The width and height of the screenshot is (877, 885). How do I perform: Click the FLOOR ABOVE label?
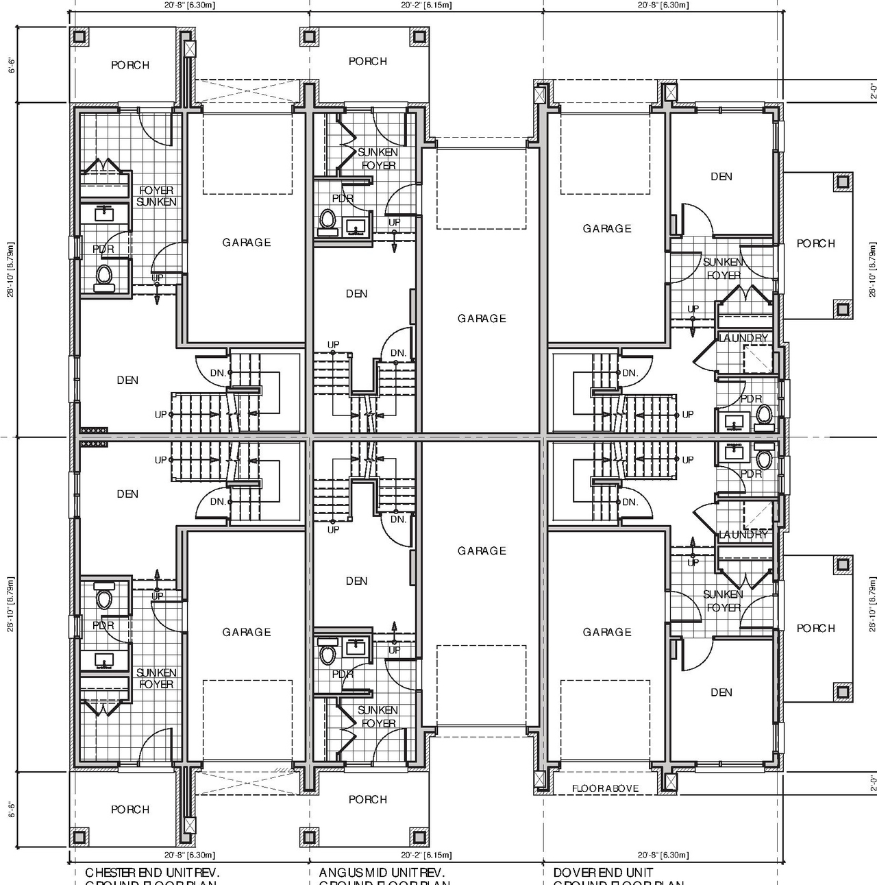[605, 788]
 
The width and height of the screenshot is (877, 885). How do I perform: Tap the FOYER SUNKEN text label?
[156, 196]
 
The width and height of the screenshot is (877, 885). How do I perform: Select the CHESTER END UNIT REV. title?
[152, 873]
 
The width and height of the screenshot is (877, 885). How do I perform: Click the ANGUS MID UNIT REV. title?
[382, 873]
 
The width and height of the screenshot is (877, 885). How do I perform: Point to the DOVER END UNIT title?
[603, 873]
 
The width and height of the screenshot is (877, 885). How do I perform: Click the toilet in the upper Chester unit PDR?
[103, 276]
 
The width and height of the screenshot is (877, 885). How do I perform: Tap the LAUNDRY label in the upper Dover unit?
[743, 338]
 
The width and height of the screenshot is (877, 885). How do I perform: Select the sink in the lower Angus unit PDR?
[354, 646]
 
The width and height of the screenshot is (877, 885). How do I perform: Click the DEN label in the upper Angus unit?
[356, 293]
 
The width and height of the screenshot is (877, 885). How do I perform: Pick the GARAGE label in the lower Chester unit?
[246, 632]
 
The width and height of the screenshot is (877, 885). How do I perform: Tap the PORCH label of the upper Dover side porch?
[815, 243]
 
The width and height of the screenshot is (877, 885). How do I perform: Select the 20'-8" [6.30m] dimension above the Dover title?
[663, 855]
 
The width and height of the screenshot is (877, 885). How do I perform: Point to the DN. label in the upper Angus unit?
[399, 353]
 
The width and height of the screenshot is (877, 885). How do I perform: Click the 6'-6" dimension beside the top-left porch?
[10, 65]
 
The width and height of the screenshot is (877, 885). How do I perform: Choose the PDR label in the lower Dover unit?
[751, 474]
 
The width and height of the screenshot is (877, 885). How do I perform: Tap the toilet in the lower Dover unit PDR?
[764, 459]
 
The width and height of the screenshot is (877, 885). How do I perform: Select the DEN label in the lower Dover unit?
[721, 692]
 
